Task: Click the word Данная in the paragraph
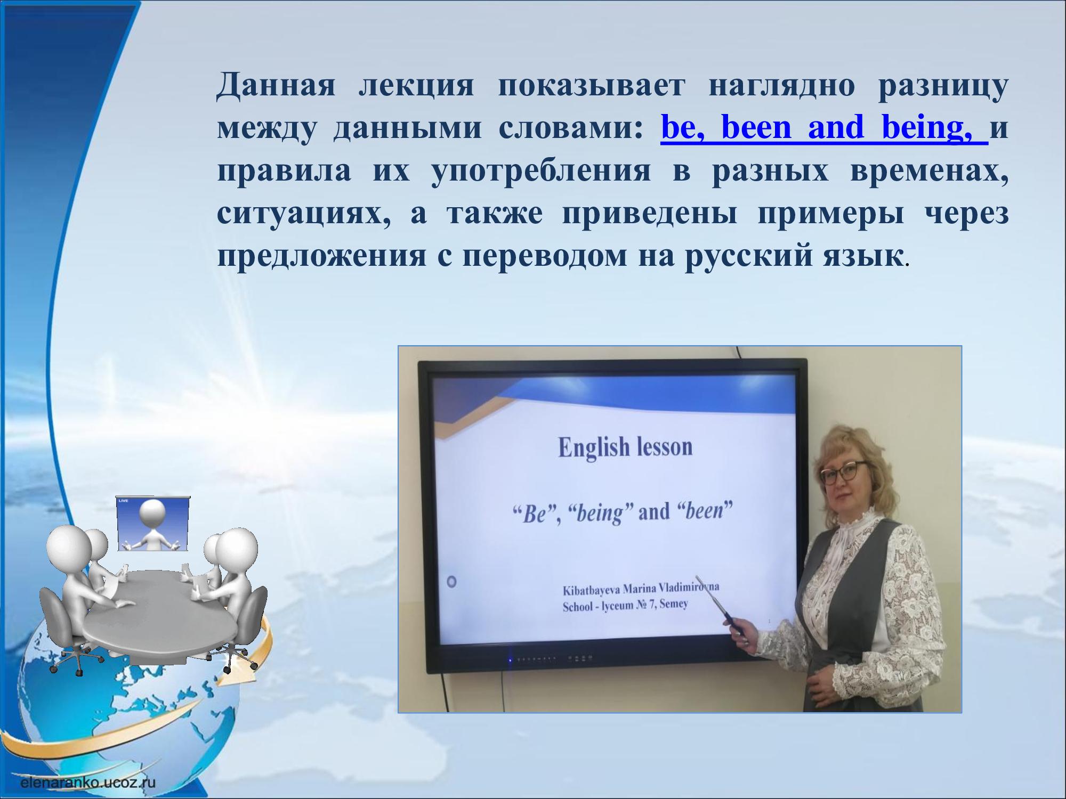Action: [x=276, y=85]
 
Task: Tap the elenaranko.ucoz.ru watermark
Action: [x=88, y=782]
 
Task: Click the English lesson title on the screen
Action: [x=625, y=447]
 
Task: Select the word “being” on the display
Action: [x=600, y=513]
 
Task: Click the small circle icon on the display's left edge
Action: [x=452, y=581]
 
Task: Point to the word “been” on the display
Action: [x=705, y=511]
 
